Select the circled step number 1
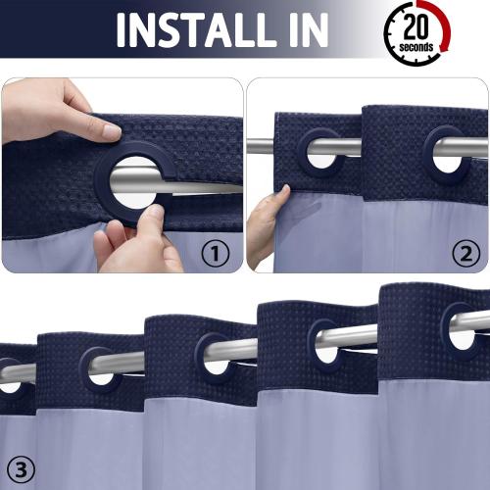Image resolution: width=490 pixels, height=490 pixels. coord(215,253)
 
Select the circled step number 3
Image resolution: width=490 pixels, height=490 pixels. coord(21,467)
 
